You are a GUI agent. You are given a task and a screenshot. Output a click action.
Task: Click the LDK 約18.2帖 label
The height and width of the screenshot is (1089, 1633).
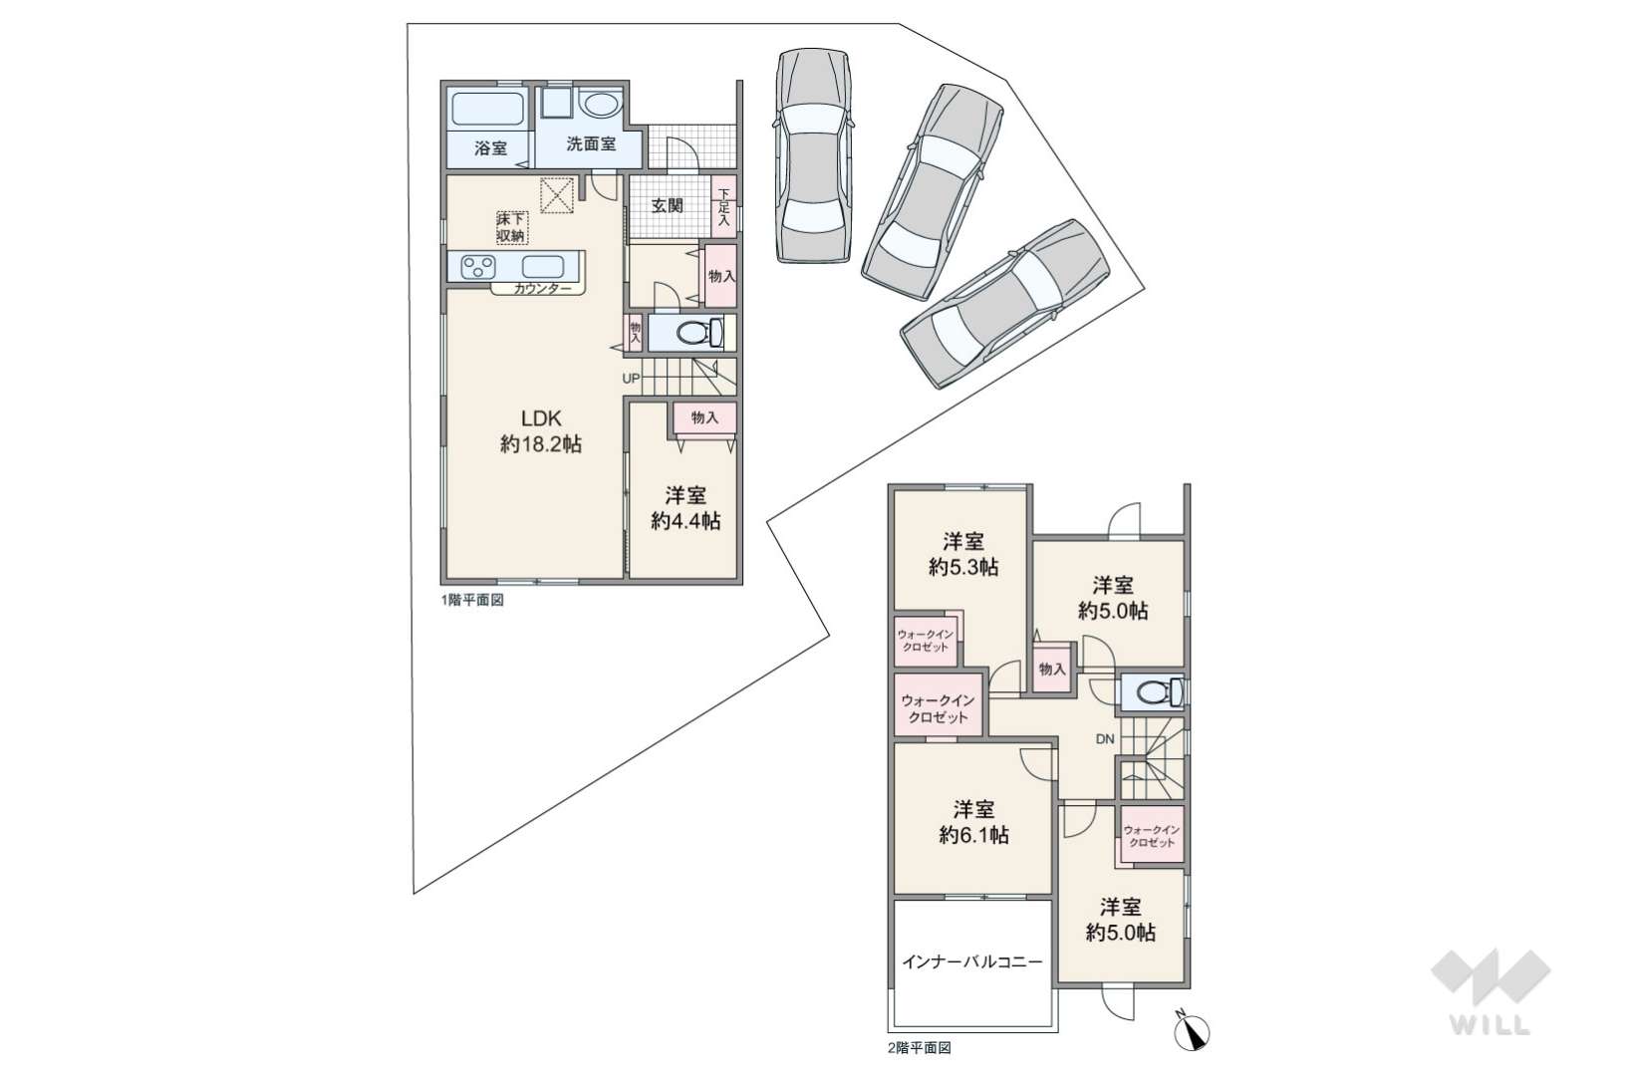click(540, 430)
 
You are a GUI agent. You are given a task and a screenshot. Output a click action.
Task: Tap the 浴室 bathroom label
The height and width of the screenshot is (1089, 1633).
click(490, 148)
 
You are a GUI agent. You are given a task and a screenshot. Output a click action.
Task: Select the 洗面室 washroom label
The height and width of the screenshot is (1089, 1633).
click(591, 143)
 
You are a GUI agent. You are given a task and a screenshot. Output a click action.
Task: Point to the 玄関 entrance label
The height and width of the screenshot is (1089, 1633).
click(667, 205)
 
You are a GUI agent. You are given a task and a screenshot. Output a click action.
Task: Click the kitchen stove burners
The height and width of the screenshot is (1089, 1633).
click(478, 267)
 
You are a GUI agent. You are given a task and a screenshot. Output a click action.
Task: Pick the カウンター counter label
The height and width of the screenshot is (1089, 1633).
click(543, 289)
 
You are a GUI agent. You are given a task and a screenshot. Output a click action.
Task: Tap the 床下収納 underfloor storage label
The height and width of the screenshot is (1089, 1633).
click(510, 227)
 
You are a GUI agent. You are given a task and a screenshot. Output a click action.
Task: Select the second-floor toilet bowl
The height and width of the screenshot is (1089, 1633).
click(1154, 691)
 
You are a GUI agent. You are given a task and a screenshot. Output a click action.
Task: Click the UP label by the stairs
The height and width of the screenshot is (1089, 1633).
click(631, 379)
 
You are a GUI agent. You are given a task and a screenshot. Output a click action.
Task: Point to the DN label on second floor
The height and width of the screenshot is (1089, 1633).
click(1105, 739)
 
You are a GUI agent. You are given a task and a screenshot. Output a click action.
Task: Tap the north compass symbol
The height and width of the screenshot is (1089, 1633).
click(1192, 1031)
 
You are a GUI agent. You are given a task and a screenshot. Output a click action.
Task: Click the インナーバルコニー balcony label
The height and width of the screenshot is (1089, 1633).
click(972, 962)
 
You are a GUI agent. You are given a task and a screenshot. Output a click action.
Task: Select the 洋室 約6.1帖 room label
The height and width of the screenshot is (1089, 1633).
click(974, 822)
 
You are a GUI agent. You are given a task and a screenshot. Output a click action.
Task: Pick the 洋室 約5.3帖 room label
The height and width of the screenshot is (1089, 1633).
click(963, 555)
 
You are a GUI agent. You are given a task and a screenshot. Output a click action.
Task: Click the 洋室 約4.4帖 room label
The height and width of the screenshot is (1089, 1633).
click(685, 508)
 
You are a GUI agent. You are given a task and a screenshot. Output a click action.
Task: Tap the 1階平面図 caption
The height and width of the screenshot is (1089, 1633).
click(472, 600)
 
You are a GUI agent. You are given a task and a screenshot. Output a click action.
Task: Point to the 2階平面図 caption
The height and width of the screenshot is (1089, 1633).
click(920, 1048)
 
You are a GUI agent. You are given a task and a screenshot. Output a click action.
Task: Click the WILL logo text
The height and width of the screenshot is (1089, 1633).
click(1491, 1024)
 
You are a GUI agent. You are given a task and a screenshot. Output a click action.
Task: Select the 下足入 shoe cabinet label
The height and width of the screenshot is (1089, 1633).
click(723, 207)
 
